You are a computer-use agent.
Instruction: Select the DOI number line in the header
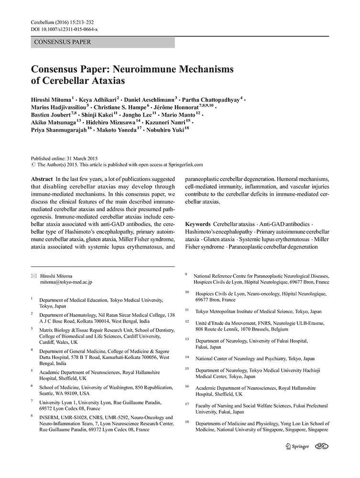(64, 29)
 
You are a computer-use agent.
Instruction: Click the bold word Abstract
(42, 178)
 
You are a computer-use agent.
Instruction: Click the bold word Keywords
(197, 224)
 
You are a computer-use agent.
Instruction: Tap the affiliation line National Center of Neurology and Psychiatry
(255, 358)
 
